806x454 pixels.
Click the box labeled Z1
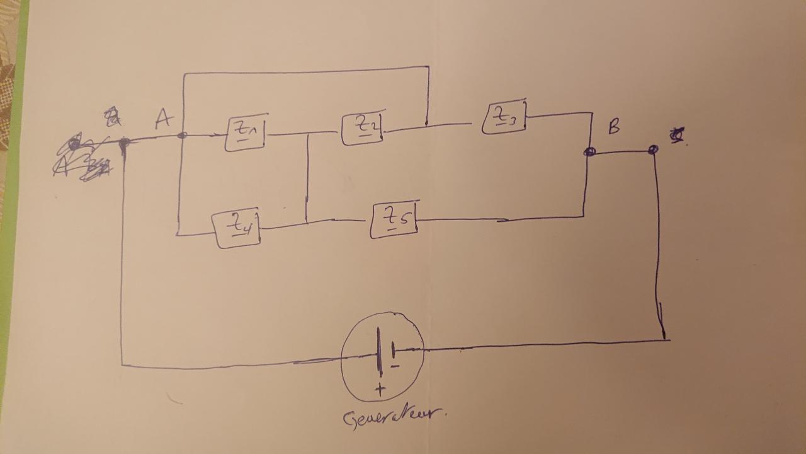[245, 133]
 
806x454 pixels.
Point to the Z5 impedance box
[394, 220]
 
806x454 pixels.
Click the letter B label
[613, 127]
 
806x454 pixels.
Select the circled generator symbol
[382, 356]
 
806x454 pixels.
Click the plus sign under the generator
[380, 390]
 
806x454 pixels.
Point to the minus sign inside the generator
[395, 365]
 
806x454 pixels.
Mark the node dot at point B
[590, 152]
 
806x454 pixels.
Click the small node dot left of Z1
[183, 134]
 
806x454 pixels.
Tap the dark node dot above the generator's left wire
[123, 144]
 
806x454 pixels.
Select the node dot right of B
[653, 149]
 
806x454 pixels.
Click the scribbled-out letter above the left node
[112, 116]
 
